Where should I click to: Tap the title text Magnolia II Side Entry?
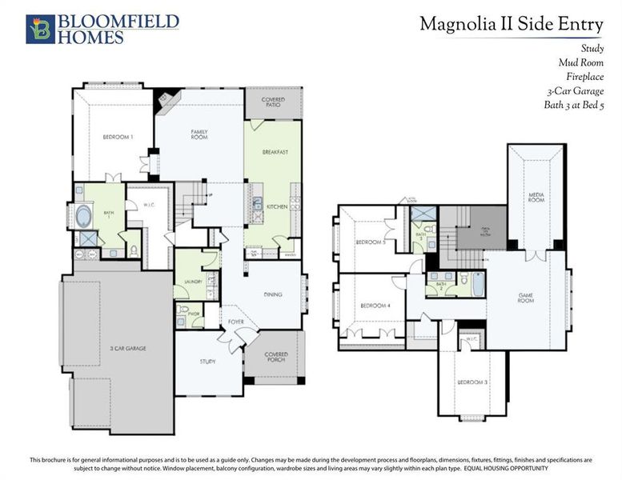512,25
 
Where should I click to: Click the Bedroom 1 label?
117,138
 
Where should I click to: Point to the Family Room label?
199,134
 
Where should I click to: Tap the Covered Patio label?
275,103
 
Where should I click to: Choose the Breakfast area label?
275,152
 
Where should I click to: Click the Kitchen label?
276,206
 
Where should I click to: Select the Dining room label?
272,294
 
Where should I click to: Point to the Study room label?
207,362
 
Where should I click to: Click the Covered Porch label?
277,357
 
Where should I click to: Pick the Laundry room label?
191,282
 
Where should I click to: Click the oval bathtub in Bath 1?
84,216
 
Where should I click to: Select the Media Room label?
536,197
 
